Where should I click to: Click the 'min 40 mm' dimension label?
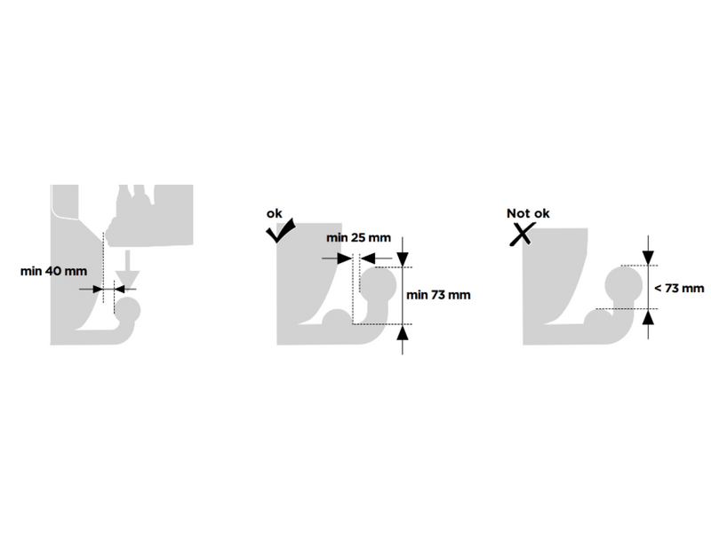53,271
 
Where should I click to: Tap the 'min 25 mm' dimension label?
358,237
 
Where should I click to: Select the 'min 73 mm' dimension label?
438,295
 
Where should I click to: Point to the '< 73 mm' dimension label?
679,288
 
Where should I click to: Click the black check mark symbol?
280,231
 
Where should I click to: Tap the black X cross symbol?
521,235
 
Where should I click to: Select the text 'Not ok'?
528,213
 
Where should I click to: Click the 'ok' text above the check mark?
274,213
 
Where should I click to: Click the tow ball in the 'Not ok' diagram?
624,285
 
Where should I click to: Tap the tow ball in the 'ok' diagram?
379,285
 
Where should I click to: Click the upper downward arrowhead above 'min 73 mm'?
403,259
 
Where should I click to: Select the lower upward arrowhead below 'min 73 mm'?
403,332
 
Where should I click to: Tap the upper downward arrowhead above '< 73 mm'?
649,258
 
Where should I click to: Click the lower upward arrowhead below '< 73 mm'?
649,317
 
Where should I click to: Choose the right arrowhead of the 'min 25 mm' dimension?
368,259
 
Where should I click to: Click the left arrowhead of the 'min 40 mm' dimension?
97,289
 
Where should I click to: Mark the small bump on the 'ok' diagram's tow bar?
337,317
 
